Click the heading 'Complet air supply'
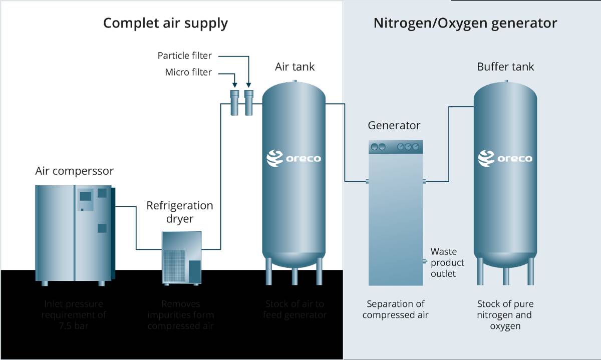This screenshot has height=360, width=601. (x=165, y=23)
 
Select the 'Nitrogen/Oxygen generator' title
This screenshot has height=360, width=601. (x=465, y=23)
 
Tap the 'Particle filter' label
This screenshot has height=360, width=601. (x=185, y=56)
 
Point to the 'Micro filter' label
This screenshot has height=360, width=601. (x=188, y=73)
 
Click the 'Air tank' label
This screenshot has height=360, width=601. (x=294, y=67)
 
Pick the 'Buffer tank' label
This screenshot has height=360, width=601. (x=505, y=67)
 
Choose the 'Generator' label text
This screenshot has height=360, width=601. (x=394, y=125)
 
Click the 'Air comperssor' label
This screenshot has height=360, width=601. (x=75, y=171)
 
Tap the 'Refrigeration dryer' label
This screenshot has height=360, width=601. (x=180, y=212)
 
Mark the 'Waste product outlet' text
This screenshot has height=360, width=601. (x=447, y=262)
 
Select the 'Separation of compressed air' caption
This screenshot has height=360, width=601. (x=396, y=309)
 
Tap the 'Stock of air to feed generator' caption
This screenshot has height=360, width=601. (x=294, y=309)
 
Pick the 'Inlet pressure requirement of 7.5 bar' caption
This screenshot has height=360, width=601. (x=74, y=314)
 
